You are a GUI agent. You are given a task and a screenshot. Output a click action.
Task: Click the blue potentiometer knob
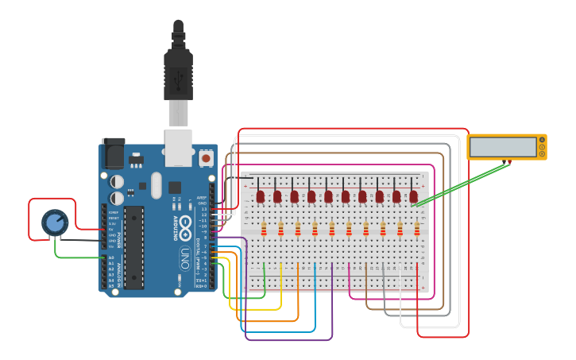point(54,223)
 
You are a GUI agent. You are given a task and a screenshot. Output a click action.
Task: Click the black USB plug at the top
point(178,68)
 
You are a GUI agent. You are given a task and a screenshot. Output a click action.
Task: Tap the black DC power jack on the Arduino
point(113,152)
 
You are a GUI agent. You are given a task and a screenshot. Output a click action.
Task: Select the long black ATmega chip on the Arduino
point(133,247)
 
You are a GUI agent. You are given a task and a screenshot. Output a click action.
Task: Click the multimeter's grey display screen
point(501,147)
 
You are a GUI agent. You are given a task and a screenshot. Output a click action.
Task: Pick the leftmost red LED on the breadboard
point(260,195)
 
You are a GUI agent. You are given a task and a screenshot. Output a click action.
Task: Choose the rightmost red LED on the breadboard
point(413,195)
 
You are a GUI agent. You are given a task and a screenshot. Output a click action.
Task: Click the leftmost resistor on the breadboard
point(264,230)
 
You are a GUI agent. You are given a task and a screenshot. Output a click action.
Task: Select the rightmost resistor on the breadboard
point(417,230)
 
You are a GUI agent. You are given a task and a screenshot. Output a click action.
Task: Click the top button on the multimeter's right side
point(542,141)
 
